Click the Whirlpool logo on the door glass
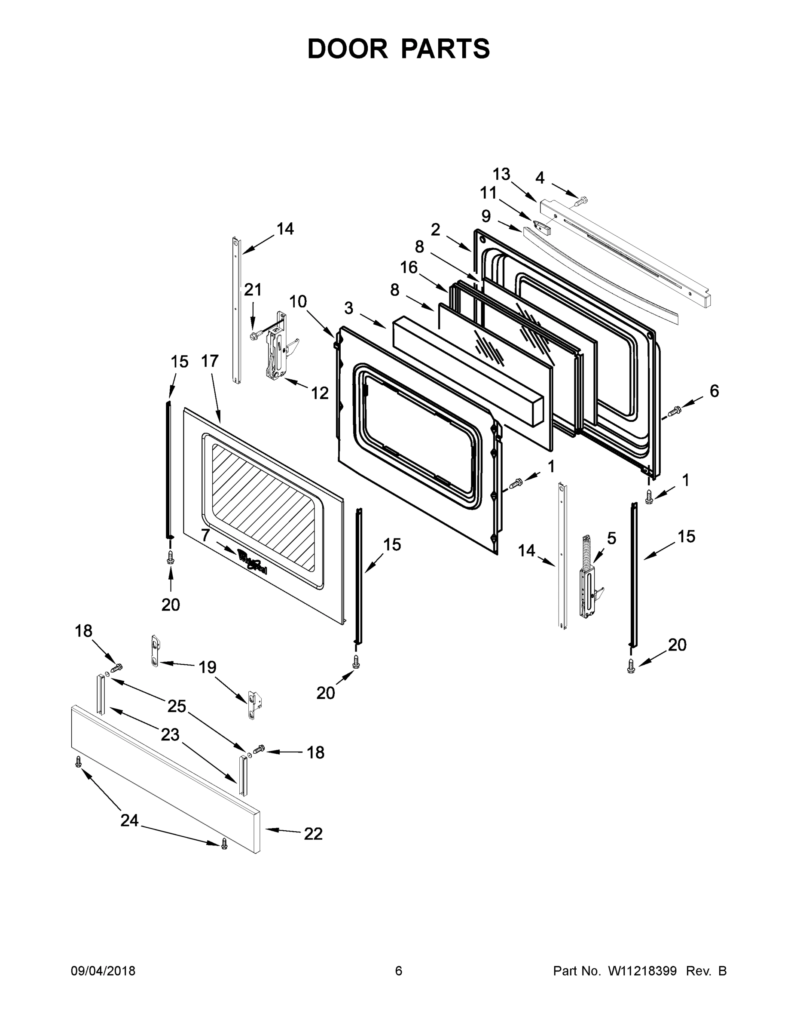click(252, 562)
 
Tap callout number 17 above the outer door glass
click(210, 361)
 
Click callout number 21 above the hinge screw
click(253, 289)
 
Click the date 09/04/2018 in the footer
click(103, 971)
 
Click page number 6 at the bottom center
click(399, 971)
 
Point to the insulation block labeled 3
click(467, 371)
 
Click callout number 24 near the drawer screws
click(129, 820)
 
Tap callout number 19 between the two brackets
click(207, 667)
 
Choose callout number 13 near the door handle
click(501, 174)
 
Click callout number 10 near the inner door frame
click(298, 301)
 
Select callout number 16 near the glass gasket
click(409, 267)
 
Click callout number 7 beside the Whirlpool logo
click(205, 535)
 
